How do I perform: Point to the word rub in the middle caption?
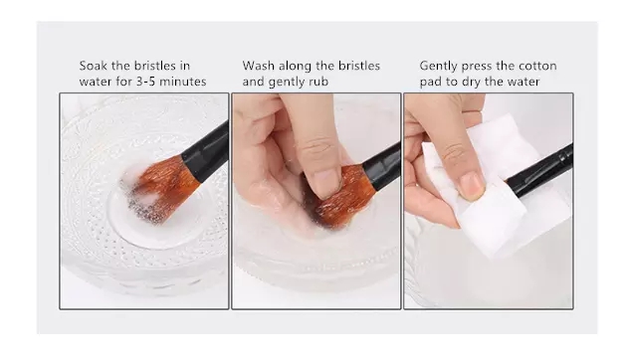pos(318,82)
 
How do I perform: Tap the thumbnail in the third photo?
pos(471,186)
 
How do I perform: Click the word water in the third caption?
pos(523,82)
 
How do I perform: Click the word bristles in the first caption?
pos(155,66)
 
